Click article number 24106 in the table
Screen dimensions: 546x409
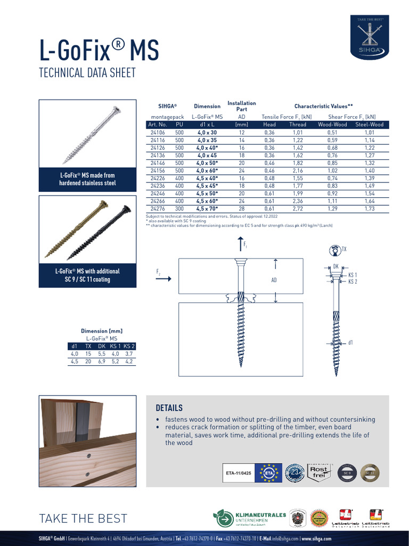157,132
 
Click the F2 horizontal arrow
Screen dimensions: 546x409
163,278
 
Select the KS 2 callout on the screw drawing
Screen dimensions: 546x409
353,282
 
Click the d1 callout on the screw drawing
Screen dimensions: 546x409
351,343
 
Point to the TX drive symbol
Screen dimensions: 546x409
335,250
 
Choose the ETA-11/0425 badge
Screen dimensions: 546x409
238,472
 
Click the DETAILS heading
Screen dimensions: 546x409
169,408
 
